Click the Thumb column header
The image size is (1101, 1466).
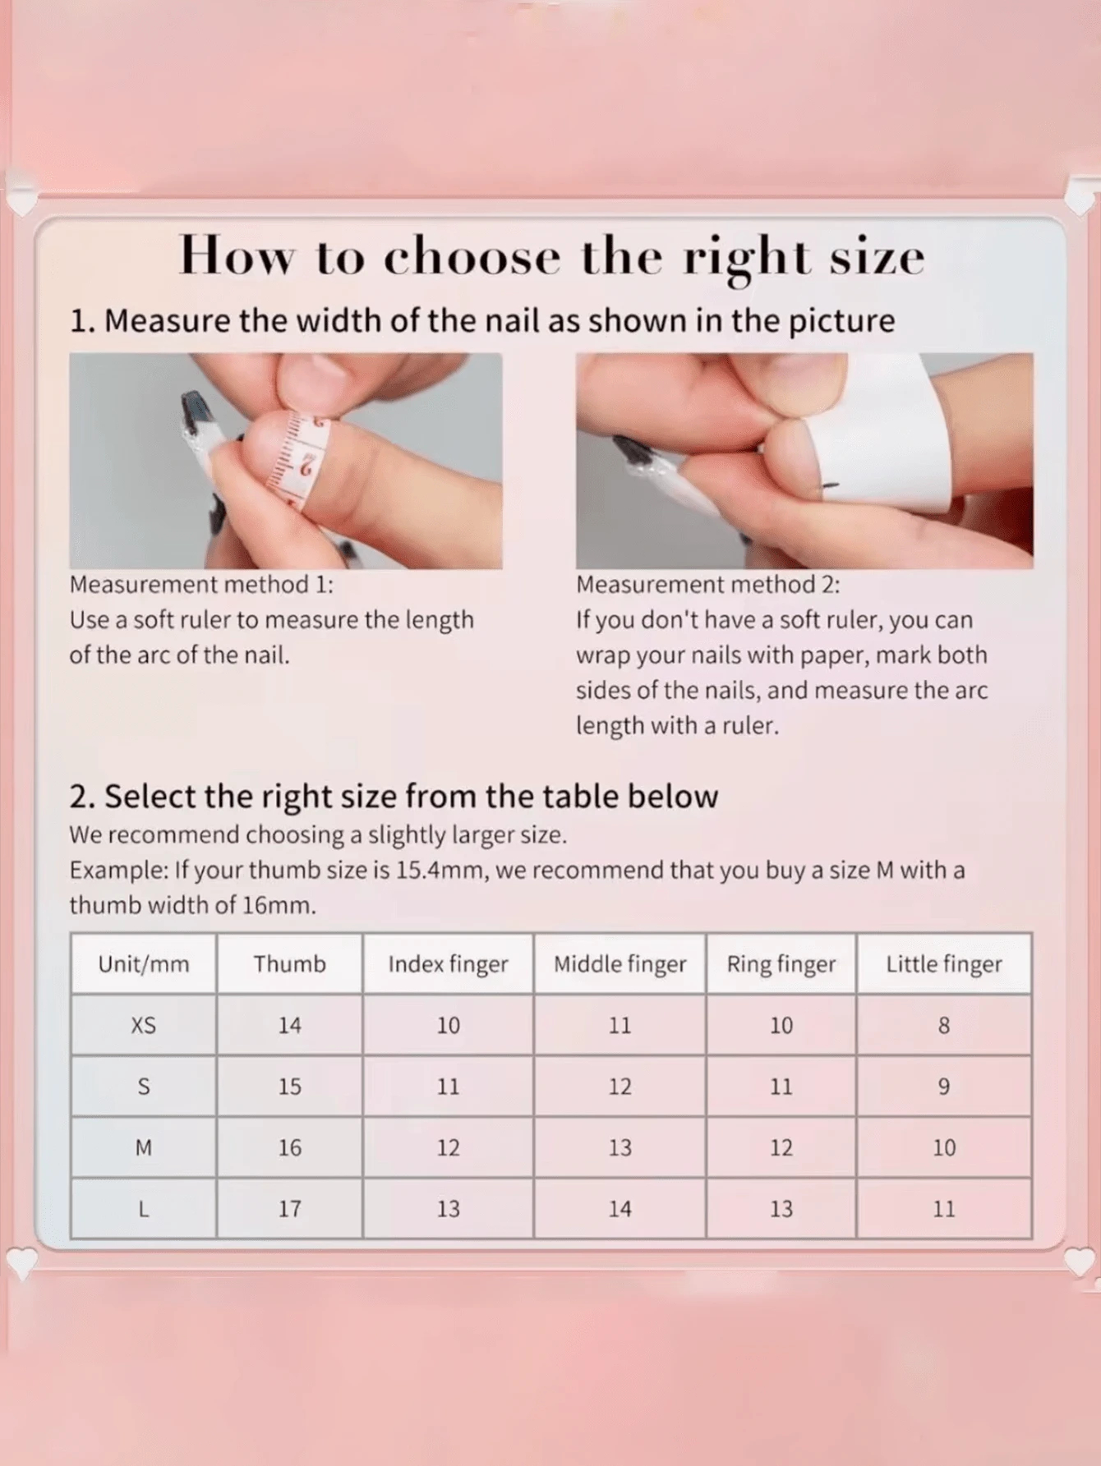(x=289, y=963)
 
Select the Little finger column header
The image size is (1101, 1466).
(x=944, y=964)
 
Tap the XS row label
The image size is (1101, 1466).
(x=144, y=1025)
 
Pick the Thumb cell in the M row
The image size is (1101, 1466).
(x=289, y=1147)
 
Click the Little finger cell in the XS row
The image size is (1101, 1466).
(x=944, y=1025)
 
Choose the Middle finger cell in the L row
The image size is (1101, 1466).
(x=620, y=1208)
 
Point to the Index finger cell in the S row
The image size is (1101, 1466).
(x=448, y=1087)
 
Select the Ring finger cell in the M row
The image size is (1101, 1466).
(x=781, y=1147)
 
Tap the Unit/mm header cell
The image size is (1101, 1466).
(x=144, y=963)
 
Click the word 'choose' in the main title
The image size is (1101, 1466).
(x=472, y=257)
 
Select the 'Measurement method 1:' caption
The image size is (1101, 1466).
(x=201, y=585)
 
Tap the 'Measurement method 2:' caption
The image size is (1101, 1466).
(x=708, y=585)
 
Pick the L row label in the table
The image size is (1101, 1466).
(x=144, y=1208)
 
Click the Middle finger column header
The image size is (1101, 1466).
(x=620, y=964)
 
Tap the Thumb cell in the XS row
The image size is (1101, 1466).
(x=289, y=1025)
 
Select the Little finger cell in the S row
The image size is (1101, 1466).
(x=944, y=1087)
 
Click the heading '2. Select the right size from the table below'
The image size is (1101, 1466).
(x=394, y=797)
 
